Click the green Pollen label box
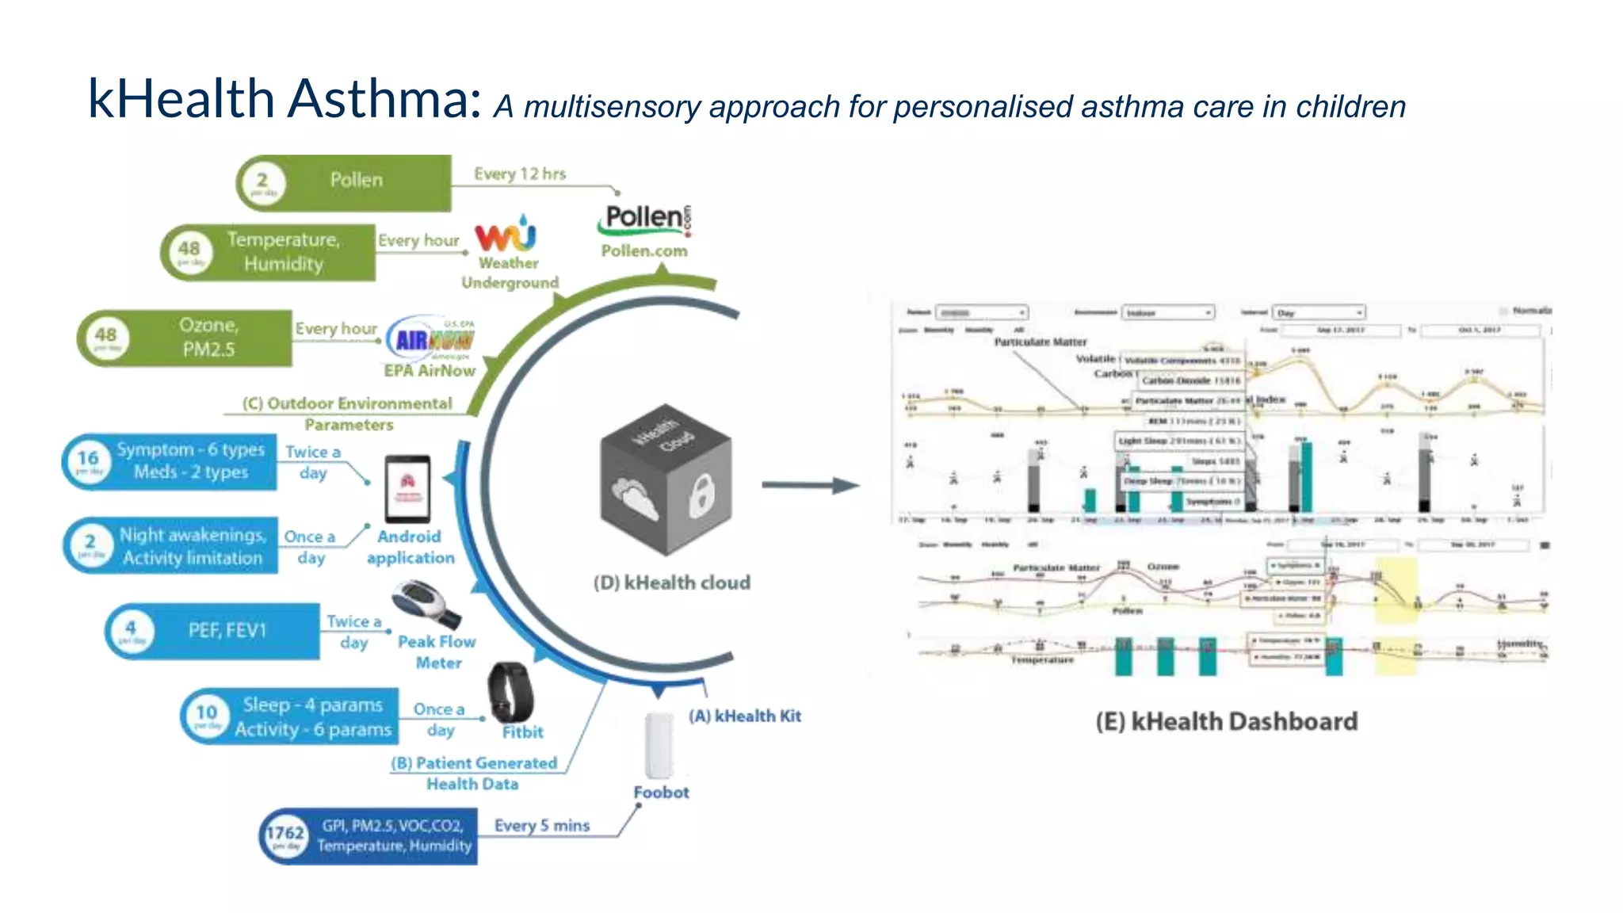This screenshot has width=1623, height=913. pos(357,181)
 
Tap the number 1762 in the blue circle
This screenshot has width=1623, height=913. pos(285,834)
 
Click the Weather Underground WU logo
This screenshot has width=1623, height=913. pos(506,235)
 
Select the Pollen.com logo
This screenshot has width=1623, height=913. pos(644,220)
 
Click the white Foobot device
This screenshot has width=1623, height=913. pos(659,745)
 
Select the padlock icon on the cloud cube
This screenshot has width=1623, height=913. pos(701,496)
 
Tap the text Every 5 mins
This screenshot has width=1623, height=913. pos(542,826)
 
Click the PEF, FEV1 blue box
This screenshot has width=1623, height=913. pos(227,631)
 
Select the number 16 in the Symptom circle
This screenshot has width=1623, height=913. pos(88,459)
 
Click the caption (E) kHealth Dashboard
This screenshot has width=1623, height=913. pos(1226,722)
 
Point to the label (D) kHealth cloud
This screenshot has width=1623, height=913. pos(672,583)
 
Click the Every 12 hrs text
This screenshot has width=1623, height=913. pos(520,174)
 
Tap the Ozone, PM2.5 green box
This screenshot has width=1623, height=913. pos(208,338)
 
